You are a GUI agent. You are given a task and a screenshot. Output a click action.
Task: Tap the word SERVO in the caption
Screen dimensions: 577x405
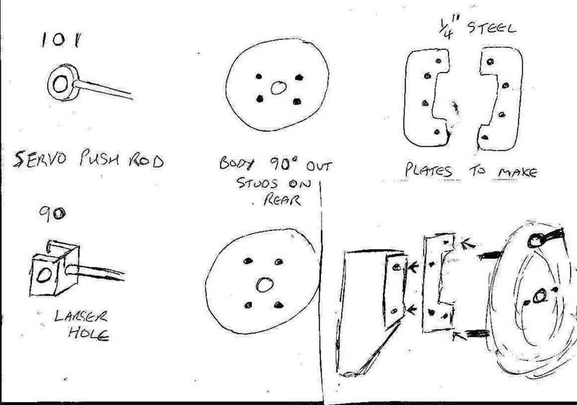point(40,159)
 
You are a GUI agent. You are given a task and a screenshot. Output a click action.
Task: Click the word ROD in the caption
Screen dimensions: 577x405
point(146,161)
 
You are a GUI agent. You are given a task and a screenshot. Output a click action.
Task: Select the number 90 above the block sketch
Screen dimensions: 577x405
point(53,213)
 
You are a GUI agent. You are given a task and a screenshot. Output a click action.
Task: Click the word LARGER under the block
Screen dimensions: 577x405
point(81,316)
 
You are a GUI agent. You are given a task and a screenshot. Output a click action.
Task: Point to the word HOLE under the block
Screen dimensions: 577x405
point(89,333)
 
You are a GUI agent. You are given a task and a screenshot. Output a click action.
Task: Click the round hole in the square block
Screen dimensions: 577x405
point(44,275)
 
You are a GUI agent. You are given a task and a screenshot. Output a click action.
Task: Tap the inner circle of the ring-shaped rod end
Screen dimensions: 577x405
point(61,84)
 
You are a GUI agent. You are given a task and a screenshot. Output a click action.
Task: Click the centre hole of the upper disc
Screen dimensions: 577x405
point(278,88)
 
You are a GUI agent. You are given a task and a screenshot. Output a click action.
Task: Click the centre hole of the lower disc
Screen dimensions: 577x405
point(265,285)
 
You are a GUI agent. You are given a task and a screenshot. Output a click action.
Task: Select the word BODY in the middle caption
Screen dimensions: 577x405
point(237,163)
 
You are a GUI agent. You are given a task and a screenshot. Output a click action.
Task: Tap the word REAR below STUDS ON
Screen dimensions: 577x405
point(282,200)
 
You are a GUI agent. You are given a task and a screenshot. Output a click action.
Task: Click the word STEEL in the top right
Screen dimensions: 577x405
point(492,27)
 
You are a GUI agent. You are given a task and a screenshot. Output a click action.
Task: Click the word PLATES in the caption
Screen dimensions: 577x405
point(428,171)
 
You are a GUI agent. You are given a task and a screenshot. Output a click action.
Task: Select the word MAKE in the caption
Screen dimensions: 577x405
point(518,172)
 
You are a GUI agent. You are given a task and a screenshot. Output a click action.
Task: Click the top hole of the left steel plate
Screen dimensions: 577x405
point(439,61)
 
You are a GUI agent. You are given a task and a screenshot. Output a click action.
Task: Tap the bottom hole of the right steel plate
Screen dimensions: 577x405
point(485,138)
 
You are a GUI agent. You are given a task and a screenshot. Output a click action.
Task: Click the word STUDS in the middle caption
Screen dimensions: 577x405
point(257,182)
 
